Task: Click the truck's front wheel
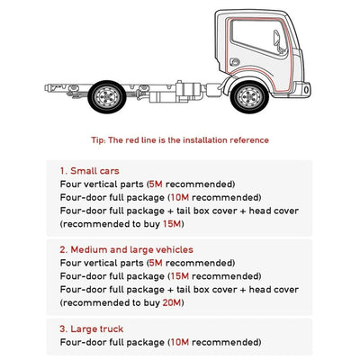(x=249, y=96)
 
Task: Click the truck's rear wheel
(x=107, y=96)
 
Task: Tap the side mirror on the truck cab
(x=278, y=41)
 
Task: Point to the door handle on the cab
(x=235, y=62)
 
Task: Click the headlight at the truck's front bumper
(x=306, y=89)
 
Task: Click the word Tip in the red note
(x=98, y=140)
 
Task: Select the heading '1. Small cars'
(x=89, y=171)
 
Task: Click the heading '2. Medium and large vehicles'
(x=126, y=249)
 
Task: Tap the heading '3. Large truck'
(x=91, y=328)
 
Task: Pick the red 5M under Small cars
(x=156, y=184)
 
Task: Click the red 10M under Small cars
(x=180, y=197)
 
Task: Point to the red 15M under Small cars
(x=172, y=224)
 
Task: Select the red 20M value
(x=172, y=302)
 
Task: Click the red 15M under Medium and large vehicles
(x=180, y=276)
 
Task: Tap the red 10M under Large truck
(x=180, y=342)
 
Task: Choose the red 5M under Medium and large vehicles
(x=156, y=263)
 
